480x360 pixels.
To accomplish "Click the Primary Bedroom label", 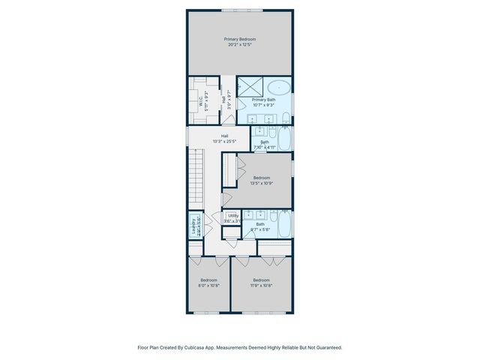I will (x=240, y=38).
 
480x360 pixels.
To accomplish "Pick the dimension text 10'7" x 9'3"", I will (x=264, y=106).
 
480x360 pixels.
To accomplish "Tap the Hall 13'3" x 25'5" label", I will (x=225, y=138).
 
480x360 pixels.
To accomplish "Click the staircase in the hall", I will (x=196, y=172).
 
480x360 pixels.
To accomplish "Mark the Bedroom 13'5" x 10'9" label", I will (x=261, y=180).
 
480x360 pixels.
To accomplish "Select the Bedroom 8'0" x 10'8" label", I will (x=208, y=283).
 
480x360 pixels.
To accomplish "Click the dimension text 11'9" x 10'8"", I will (x=260, y=286).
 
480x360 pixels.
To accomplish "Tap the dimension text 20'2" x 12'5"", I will (x=240, y=44).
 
